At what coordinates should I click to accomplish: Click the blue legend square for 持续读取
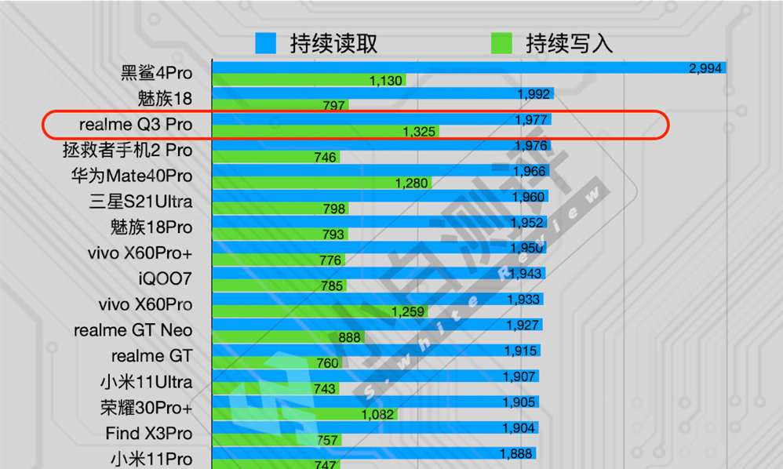(x=266, y=43)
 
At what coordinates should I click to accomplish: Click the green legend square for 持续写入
(x=501, y=43)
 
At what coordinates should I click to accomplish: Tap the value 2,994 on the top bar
(x=704, y=68)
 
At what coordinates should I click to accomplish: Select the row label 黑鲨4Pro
(x=156, y=74)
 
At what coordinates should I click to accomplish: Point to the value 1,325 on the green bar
(x=419, y=132)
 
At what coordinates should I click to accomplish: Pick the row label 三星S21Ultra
(x=140, y=202)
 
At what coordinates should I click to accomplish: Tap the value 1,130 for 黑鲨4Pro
(x=385, y=81)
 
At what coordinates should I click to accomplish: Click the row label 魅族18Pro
(x=151, y=227)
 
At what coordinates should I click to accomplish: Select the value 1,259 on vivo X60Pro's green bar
(x=408, y=312)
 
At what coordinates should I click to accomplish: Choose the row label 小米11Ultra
(x=146, y=382)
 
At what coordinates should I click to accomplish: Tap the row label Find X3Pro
(x=148, y=433)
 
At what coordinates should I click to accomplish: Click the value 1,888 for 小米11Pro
(x=516, y=453)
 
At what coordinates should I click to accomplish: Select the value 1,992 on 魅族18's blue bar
(x=534, y=94)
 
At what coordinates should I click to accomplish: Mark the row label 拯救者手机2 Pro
(x=127, y=150)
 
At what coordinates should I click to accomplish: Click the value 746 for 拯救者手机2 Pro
(x=324, y=158)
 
